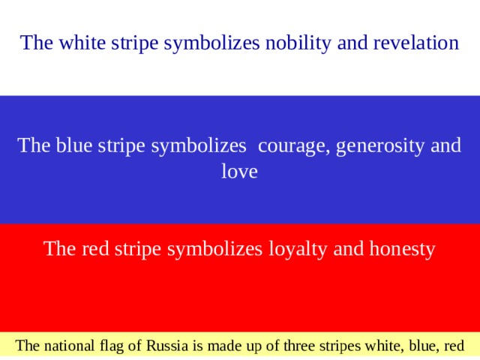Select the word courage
[292, 145]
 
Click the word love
[239, 172]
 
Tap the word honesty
[400, 248]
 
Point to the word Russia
[166, 346]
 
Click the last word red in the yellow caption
[454, 346]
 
